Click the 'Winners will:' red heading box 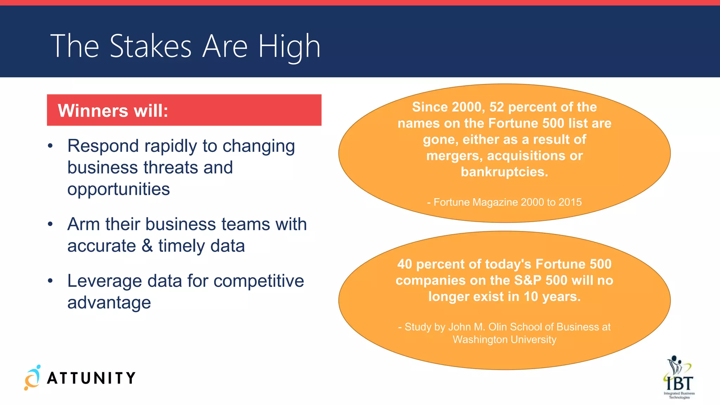184,110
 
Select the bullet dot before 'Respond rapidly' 50,146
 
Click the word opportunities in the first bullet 118,189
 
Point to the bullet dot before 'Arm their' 50,224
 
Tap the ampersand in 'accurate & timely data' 147,245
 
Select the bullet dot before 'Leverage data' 50,281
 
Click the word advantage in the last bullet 109,302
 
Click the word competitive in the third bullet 258,281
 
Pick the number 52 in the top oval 497,107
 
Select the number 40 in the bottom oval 405,264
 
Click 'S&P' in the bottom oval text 528,280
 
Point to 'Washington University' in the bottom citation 504,340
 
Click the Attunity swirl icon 32,378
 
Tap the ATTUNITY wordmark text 91,378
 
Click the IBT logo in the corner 679,377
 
